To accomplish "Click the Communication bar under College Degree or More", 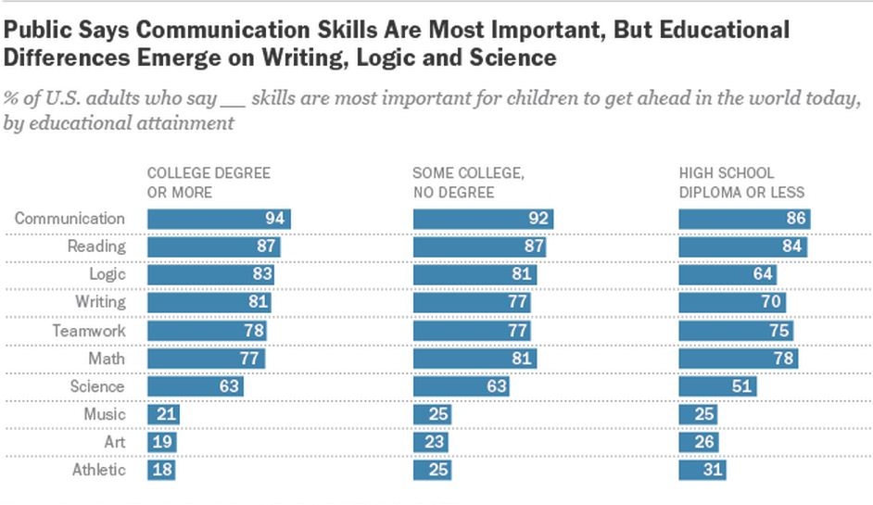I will click(219, 220).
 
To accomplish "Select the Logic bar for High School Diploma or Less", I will click(727, 275).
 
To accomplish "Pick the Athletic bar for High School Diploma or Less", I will click(702, 470).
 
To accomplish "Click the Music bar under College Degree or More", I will click(163, 414).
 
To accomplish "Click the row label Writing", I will click(100, 303).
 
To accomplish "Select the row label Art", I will click(114, 442).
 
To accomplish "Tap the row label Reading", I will click(95, 247).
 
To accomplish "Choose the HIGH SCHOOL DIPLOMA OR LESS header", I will click(741, 183).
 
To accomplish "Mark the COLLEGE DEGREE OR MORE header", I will click(209, 183).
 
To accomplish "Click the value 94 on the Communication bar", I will click(274, 220).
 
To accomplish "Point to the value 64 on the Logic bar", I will click(761, 275).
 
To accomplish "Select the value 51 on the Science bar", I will click(743, 386).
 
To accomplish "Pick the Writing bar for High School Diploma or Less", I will click(732, 303).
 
